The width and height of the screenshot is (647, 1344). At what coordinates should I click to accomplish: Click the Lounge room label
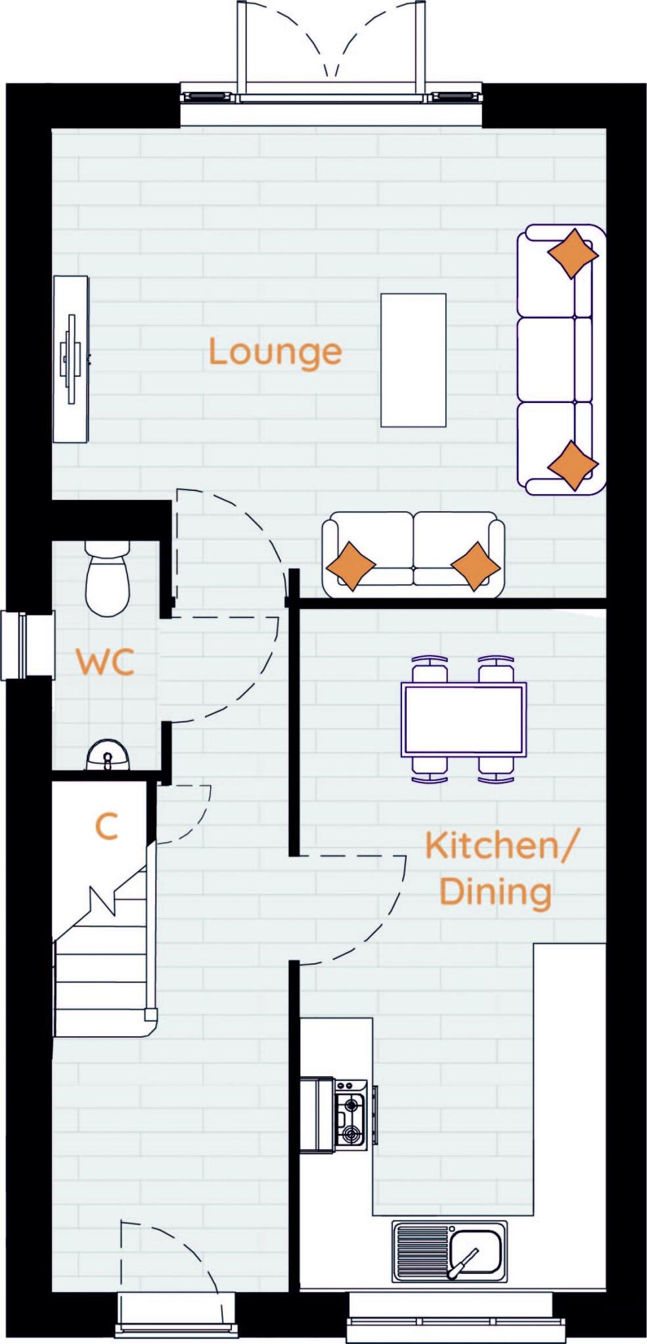(275, 352)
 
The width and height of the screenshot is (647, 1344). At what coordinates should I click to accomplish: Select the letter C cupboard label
(106, 826)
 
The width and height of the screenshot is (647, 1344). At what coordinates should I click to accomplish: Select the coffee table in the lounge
(413, 360)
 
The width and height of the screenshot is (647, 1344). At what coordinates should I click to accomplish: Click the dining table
(464, 719)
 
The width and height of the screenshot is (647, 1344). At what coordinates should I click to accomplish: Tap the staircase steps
(102, 984)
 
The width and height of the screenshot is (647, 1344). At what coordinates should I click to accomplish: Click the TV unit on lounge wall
(70, 359)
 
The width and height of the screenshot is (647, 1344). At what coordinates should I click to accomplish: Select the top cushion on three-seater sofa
(572, 253)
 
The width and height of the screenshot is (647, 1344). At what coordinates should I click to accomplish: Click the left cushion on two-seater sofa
(351, 565)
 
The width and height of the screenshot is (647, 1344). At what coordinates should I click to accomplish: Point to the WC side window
(26, 645)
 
